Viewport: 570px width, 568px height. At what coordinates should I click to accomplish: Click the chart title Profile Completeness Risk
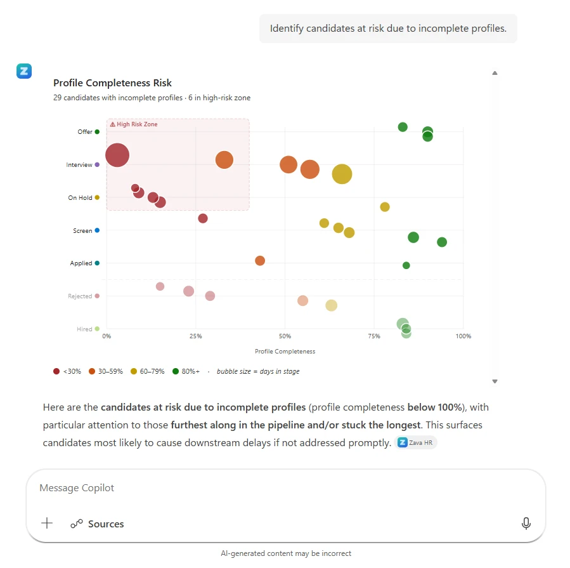point(112,83)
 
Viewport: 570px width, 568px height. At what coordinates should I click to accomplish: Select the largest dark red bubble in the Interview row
point(117,155)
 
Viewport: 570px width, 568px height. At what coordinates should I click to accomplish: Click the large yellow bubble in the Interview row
point(342,174)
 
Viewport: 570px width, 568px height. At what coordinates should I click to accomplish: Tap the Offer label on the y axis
point(85,132)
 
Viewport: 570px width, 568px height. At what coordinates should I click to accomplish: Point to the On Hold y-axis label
point(81,198)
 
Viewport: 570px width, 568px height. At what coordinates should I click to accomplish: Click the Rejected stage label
point(80,296)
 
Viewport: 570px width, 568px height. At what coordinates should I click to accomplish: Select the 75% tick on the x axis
point(374,336)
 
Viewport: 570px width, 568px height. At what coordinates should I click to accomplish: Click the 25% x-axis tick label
point(195,336)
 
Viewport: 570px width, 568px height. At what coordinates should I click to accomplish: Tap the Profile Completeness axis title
point(285,352)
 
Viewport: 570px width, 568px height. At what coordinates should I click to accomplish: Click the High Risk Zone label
point(134,124)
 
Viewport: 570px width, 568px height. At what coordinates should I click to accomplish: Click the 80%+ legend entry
point(186,371)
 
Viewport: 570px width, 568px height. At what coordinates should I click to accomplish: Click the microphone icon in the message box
point(526,524)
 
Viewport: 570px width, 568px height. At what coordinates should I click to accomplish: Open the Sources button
point(97,524)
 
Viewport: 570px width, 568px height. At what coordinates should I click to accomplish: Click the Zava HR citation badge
point(416,443)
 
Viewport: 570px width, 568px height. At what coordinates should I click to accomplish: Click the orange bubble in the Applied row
point(260,261)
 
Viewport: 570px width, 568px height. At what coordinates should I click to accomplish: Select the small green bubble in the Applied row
point(406,265)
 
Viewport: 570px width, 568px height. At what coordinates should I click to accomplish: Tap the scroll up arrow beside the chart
point(495,73)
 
